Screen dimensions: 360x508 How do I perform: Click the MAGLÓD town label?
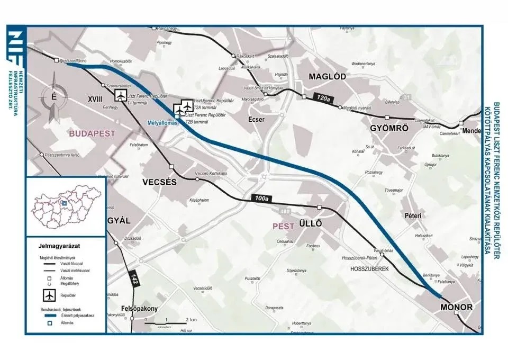[327, 77]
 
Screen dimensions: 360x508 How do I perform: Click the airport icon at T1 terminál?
[121, 95]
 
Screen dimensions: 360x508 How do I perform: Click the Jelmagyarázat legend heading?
[58, 246]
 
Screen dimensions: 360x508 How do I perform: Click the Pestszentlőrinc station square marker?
[56, 61]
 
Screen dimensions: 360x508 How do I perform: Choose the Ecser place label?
[256, 120]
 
